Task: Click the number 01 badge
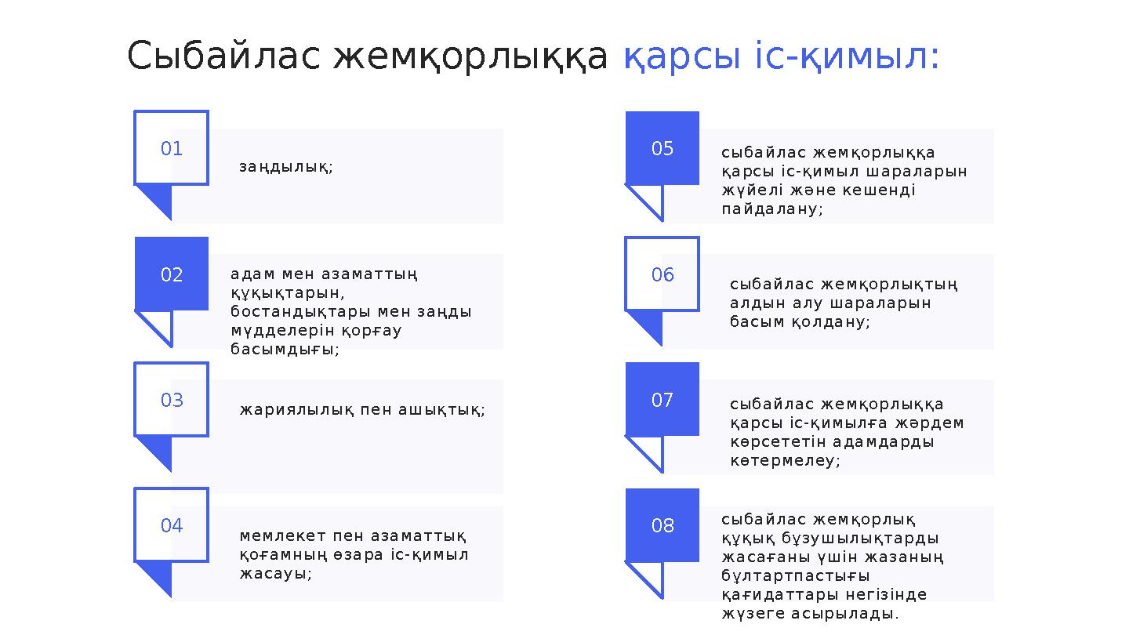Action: (172, 148)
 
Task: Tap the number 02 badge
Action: (172, 274)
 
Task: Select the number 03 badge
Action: (172, 400)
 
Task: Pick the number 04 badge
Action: (172, 525)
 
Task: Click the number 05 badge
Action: (663, 148)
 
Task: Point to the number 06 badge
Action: (663, 274)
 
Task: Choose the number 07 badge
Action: (663, 400)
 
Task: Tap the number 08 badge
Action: (663, 525)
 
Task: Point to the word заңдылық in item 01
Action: (285, 167)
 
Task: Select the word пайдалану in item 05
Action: (771, 209)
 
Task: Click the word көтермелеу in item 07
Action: (784, 461)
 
